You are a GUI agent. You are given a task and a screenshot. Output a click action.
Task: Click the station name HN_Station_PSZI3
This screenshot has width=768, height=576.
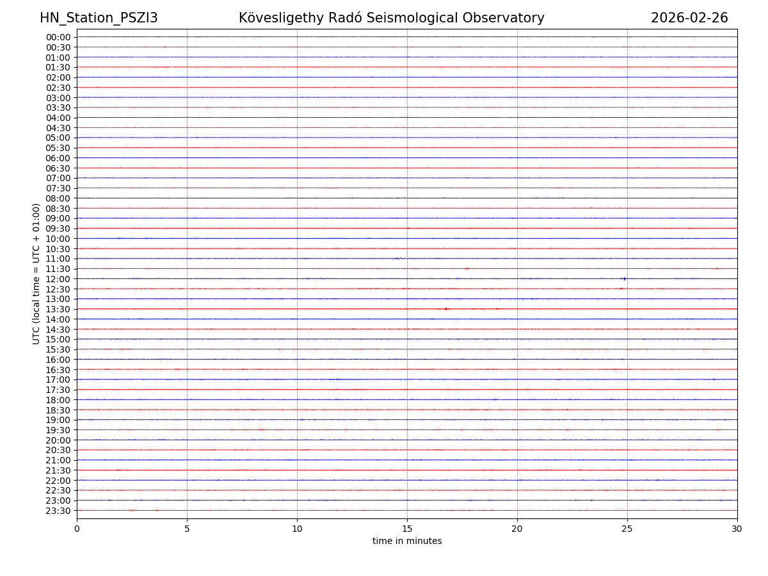point(99,18)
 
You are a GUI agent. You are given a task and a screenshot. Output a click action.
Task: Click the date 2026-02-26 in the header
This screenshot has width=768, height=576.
point(689,18)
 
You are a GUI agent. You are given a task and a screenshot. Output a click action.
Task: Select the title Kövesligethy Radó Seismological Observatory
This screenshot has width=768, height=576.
point(392,18)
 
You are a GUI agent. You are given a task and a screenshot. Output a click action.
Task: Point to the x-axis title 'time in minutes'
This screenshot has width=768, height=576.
point(407,541)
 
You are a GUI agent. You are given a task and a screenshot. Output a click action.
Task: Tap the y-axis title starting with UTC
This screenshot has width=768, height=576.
point(36,273)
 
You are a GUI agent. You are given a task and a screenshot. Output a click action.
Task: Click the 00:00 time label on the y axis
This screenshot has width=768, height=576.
point(58,37)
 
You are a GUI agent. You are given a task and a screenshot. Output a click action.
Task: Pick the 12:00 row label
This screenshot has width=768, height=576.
point(58,279)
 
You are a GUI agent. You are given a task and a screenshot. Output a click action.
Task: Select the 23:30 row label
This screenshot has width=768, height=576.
point(58,511)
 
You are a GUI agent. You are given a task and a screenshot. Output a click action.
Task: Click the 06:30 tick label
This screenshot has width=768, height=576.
point(58,168)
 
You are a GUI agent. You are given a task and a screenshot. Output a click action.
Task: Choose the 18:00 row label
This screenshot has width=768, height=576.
point(58,400)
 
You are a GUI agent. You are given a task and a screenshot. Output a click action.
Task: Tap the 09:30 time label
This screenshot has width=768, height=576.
point(58,228)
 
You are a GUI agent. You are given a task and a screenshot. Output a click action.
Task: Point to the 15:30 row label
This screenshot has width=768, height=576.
point(58,349)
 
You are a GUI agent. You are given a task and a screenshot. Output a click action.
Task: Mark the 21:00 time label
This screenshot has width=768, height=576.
point(58,460)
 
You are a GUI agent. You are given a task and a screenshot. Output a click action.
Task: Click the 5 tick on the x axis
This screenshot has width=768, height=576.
point(187,529)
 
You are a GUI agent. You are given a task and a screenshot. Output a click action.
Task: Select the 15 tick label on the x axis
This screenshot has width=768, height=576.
point(407,529)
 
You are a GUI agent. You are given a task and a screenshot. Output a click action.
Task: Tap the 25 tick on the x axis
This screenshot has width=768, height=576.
point(627,529)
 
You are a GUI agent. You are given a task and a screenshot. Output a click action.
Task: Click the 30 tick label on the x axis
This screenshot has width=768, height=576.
point(737,529)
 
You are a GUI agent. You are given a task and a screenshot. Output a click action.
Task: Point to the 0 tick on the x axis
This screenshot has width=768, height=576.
point(77,529)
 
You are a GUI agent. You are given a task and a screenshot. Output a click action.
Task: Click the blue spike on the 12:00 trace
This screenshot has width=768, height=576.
point(624,278)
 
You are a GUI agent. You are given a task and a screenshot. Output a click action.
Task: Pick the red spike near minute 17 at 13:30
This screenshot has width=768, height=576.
point(446,309)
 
